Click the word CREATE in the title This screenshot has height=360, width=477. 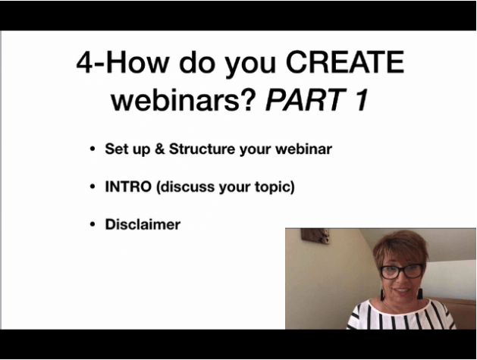tap(345, 62)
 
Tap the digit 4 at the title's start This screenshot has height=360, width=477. tap(84, 62)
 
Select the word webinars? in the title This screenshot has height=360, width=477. tap(181, 99)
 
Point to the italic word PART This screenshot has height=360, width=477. tap(305, 99)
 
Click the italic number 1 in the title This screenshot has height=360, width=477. tap(361, 99)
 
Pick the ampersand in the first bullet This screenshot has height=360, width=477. tap(160, 149)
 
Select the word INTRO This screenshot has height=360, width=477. tap(128, 186)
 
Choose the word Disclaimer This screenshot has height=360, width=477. tap(143, 224)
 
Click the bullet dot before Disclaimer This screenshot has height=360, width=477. tap(93, 224)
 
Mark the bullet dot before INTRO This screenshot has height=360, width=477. tap(93, 186)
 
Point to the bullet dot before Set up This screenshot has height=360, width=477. tap(93, 149)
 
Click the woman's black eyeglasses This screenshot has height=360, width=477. tap(402, 271)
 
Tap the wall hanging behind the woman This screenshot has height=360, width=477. tap(315, 236)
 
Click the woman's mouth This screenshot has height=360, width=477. tap(402, 290)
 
